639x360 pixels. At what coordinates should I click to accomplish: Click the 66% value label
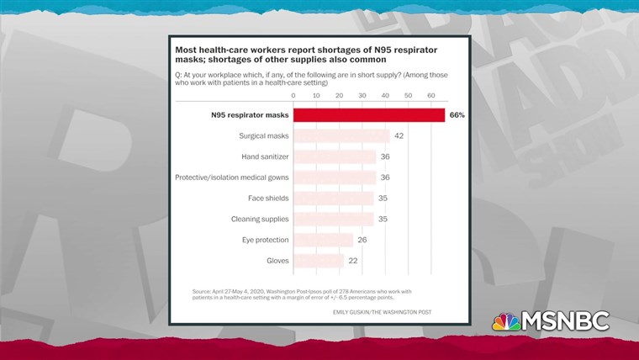457,115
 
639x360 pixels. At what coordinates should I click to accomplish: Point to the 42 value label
399,135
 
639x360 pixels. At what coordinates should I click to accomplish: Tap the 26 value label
362,240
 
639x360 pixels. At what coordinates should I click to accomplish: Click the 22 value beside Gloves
353,261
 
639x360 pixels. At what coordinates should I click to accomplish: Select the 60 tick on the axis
430,95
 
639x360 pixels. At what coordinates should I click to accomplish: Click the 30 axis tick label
362,95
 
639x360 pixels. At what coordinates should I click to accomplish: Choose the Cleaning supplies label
260,219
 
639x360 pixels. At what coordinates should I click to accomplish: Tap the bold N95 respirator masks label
248,115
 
